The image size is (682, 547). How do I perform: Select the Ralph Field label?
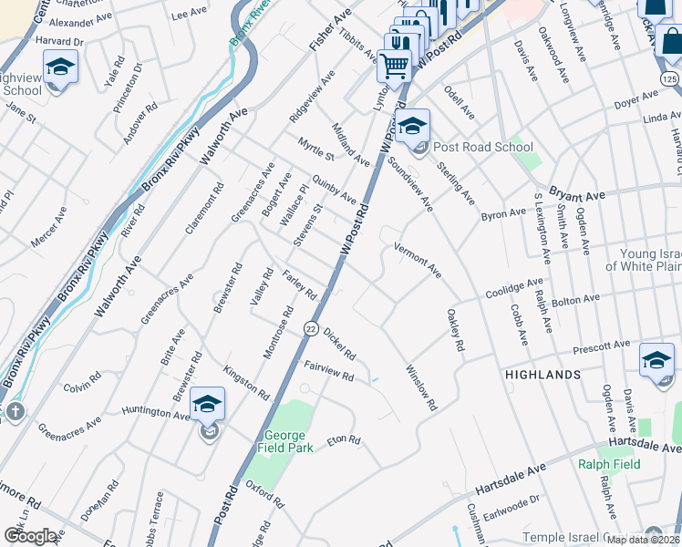[608, 464]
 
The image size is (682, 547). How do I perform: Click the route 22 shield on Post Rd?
[311, 329]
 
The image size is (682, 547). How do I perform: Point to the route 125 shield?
[669, 81]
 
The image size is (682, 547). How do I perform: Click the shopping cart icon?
[394, 65]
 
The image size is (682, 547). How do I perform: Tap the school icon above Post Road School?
[412, 125]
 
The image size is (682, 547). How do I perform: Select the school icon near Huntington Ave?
[208, 403]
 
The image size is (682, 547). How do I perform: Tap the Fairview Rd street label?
[329, 371]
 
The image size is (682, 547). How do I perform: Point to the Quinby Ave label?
[334, 188]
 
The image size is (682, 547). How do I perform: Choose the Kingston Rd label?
[246, 383]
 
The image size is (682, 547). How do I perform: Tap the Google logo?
[30, 536]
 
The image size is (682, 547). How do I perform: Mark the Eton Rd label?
[344, 439]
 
